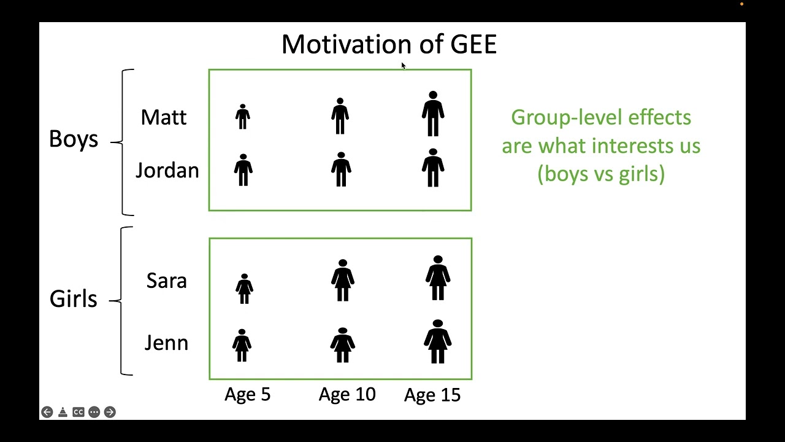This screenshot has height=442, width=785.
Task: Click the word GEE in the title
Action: click(x=473, y=45)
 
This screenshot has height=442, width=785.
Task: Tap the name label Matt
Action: click(x=163, y=117)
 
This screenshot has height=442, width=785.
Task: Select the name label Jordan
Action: click(x=167, y=171)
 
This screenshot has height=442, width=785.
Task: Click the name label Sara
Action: click(x=166, y=281)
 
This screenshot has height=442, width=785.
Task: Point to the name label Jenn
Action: click(x=166, y=343)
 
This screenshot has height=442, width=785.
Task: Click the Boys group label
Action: click(x=73, y=139)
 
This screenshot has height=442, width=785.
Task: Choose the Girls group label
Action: click(x=73, y=299)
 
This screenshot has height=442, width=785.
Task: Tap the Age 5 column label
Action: click(x=247, y=394)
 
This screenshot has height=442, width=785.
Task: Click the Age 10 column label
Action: click(x=347, y=394)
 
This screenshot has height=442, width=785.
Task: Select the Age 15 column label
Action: click(x=432, y=395)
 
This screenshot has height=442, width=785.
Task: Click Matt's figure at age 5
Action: click(x=243, y=117)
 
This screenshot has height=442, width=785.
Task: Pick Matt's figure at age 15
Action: click(x=433, y=114)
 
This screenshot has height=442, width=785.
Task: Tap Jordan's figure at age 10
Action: click(x=341, y=169)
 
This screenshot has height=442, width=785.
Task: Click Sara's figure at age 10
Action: click(x=343, y=281)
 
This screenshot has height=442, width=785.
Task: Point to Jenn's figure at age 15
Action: click(x=437, y=341)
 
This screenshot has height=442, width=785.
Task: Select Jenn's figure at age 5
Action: click(x=242, y=345)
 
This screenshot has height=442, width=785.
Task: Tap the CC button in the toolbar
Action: click(x=78, y=412)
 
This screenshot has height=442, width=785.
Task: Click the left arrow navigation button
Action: click(x=47, y=412)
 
